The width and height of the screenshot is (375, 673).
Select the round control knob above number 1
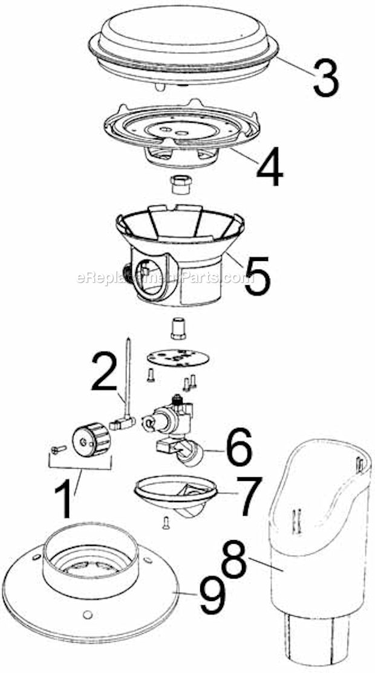pyautogui.click(x=91, y=439)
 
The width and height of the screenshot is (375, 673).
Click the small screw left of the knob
pyautogui.click(x=57, y=449)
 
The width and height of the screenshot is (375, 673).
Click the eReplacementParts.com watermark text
pyautogui.click(x=163, y=279)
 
